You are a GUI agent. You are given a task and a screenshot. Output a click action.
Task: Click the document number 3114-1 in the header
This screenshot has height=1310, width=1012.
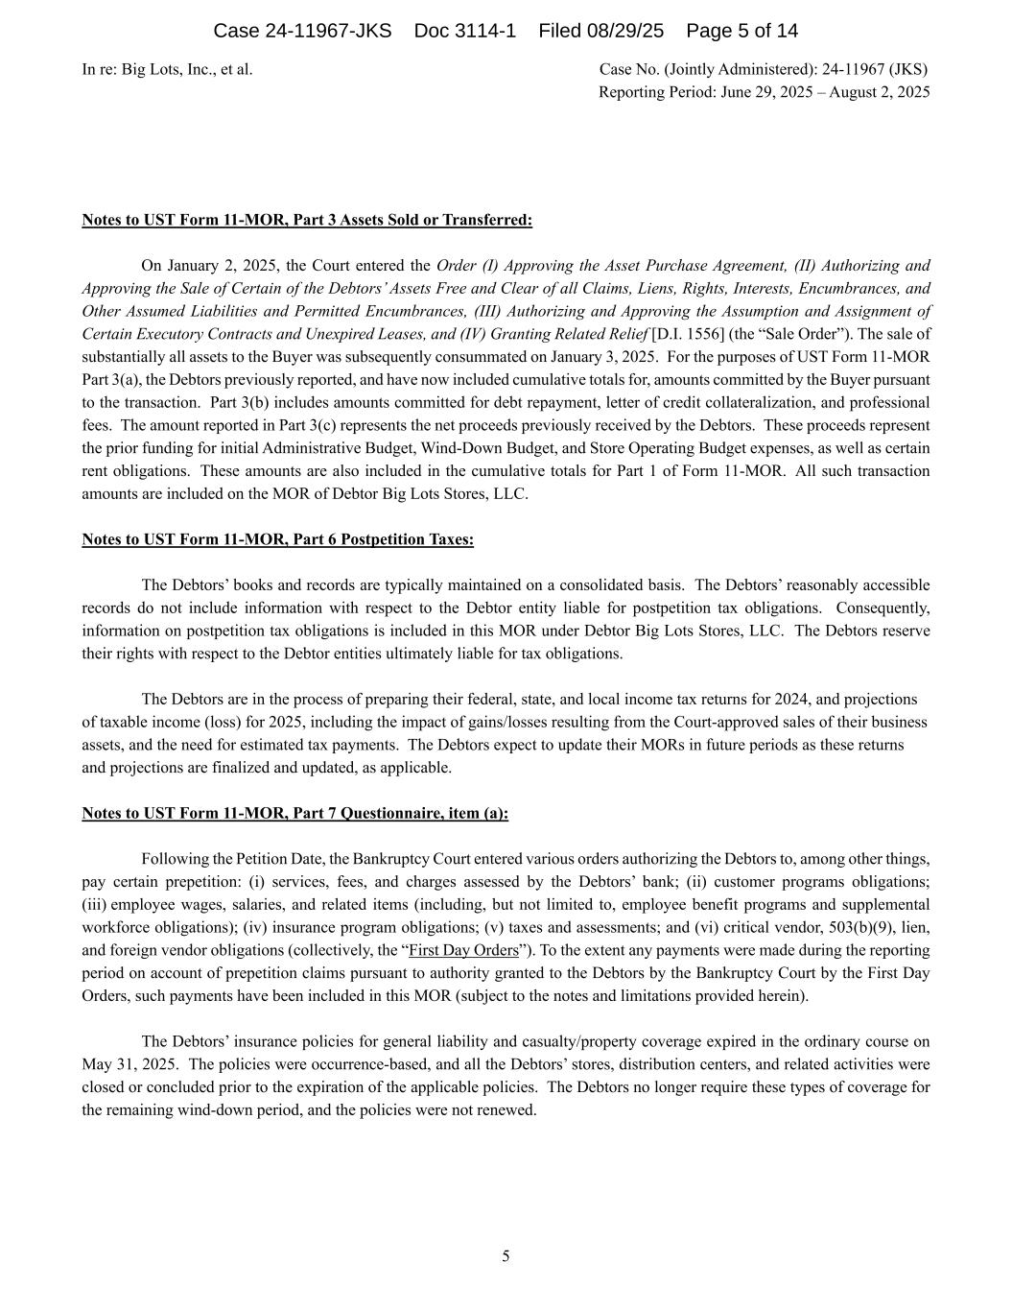[465, 31]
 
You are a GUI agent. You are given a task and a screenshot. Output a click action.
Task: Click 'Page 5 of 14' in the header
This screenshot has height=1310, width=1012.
[742, 31]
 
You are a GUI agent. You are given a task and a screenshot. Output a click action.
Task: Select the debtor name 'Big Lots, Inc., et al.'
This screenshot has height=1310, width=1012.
[187, 69]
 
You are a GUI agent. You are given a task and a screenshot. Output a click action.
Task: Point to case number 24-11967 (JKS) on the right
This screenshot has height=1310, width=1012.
[874, 69]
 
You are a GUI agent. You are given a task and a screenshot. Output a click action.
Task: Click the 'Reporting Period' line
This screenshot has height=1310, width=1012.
[764, 92]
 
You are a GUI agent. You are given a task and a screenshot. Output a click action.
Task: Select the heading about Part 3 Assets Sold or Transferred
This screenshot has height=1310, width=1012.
[307, 220]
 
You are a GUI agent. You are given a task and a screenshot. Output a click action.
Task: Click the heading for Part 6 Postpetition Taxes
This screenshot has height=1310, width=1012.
[277, 539]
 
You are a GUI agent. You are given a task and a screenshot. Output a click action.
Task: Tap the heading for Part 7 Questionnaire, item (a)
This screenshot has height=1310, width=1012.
[294, 813]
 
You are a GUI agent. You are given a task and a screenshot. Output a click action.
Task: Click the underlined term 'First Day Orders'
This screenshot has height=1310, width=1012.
[463, 950]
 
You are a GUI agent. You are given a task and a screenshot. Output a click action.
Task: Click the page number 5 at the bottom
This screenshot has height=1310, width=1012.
[506, 1256]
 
